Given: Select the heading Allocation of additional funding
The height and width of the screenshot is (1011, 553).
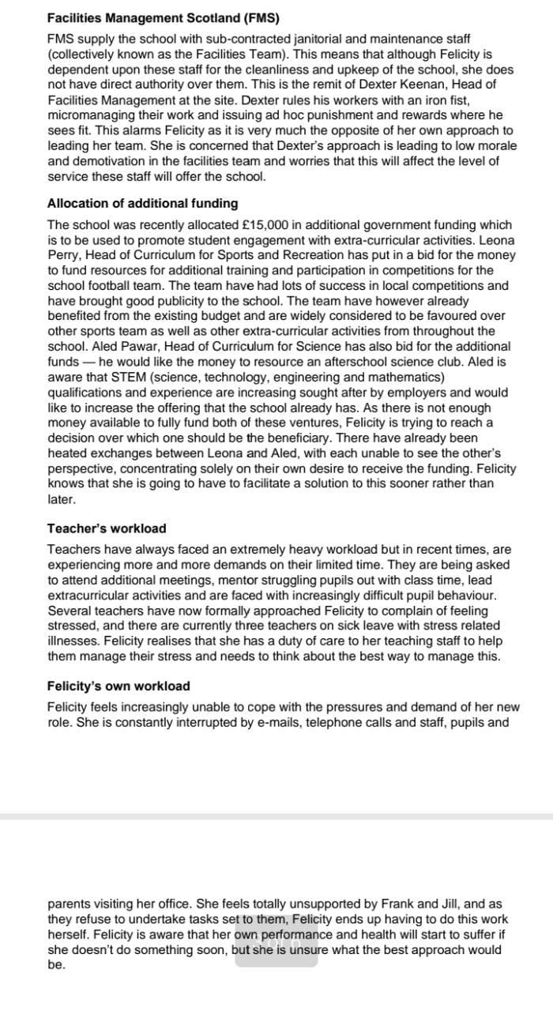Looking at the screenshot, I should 142,204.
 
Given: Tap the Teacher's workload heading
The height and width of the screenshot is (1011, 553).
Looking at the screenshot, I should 107,528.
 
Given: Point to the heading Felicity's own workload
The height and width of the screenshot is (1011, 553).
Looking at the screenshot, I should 118,686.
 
